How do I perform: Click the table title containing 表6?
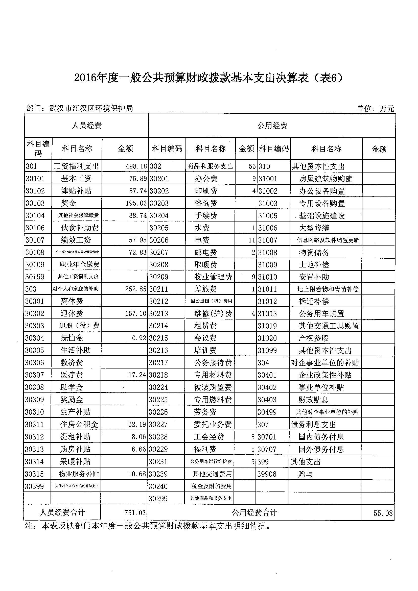click(208, 78)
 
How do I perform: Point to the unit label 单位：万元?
click(375, 109)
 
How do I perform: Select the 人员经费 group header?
click(86, 126)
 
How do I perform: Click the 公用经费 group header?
click(272, 126)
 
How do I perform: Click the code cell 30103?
click(35, 203)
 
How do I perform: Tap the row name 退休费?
click(72, 313)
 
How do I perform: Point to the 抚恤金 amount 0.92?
click(139, 338)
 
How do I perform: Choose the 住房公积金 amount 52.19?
click(137, 425)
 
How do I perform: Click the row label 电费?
click(202, 240)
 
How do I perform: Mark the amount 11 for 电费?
click(252, 240)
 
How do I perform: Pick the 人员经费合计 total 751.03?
click(135, 512)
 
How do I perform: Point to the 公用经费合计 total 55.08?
click(383, 513)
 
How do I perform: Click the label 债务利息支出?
click(313, 425)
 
